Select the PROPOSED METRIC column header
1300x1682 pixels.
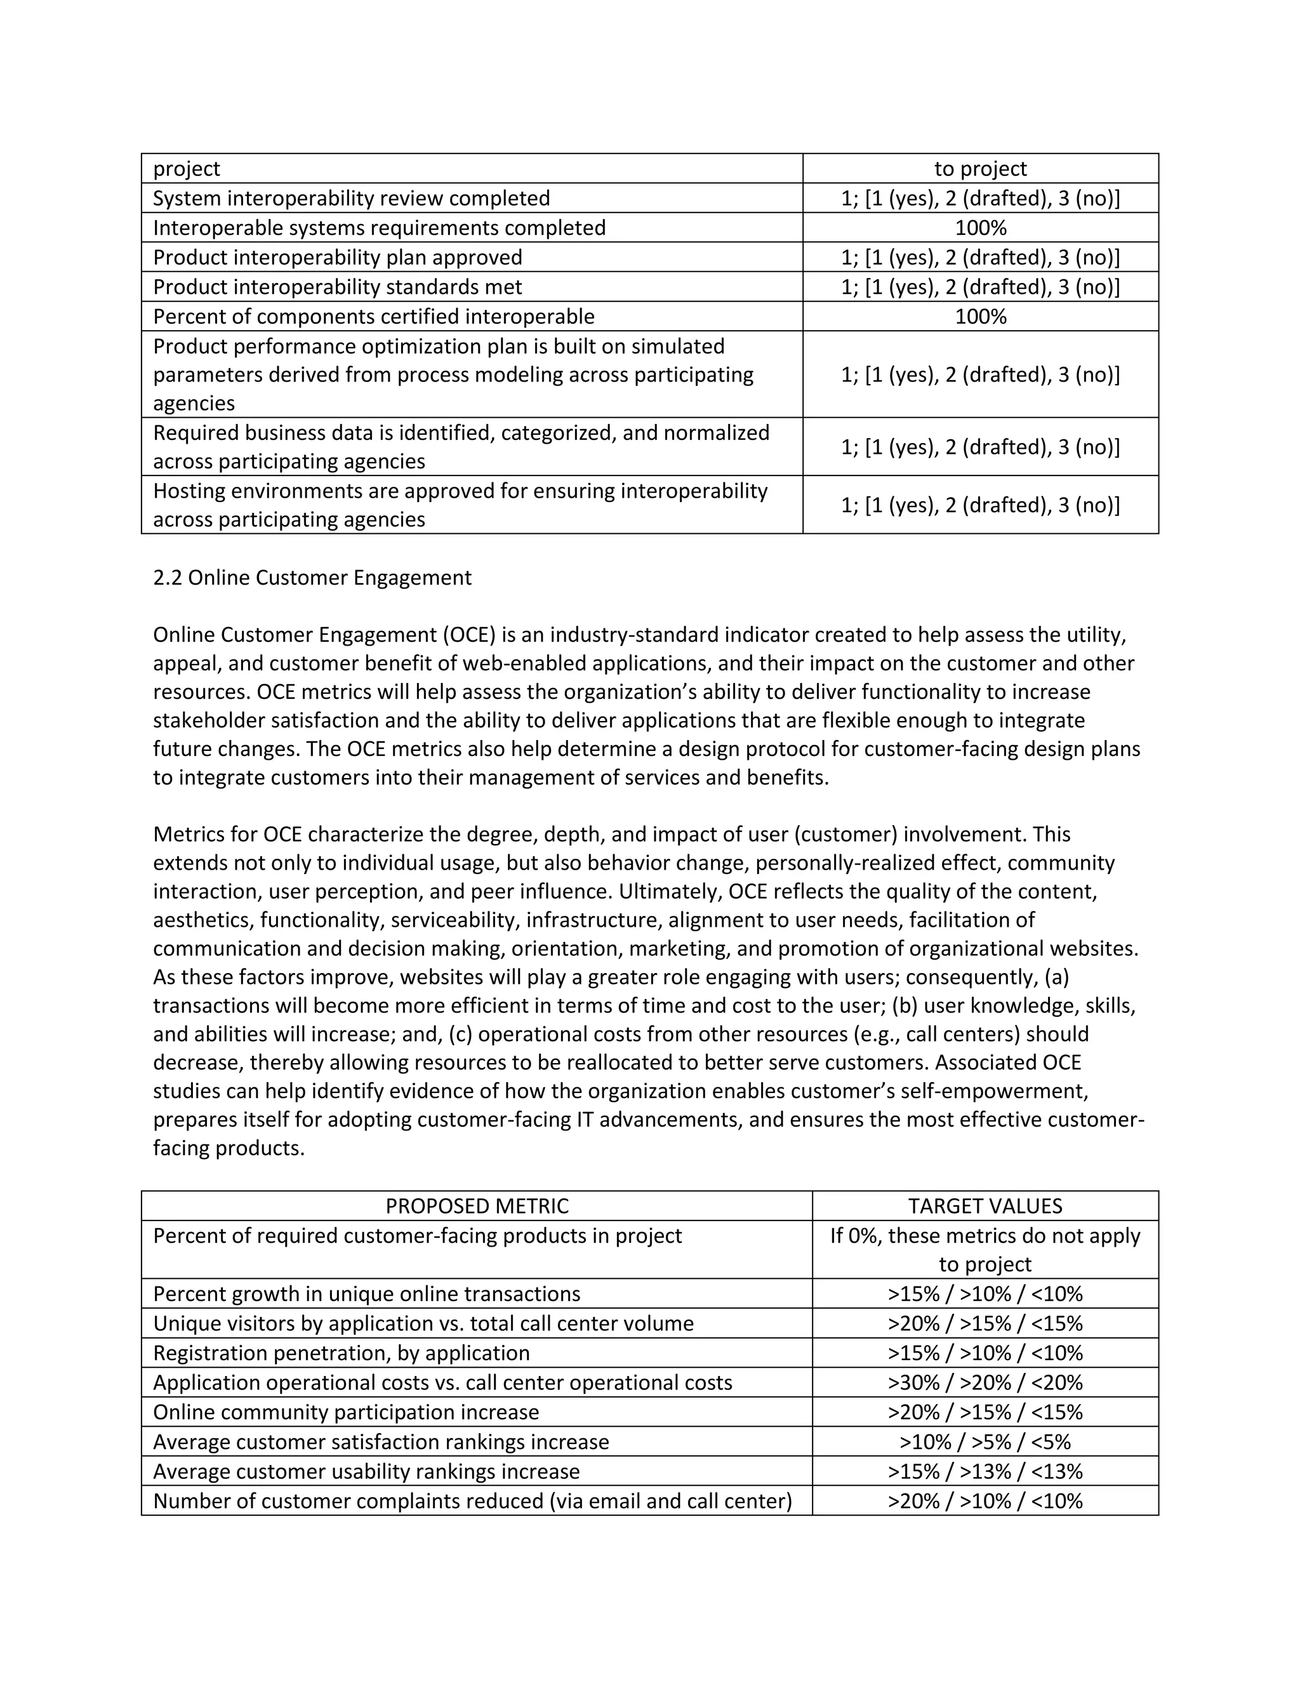pyautogui.click(x=477, y=1206)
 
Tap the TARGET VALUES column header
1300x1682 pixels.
pyautogui.click(x=985, y=1206)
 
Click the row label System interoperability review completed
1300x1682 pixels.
pyautogui.click(x=351, y=199)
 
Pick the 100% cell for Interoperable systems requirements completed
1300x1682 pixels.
pyautogui.click(x=980, y=228)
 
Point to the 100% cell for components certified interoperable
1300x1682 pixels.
pyautogui.click(x=980, y=317)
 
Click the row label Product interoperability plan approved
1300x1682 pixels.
pyautogui.click(x=337, y=257)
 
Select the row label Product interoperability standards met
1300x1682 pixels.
pyautogui.click(x=337, y=288)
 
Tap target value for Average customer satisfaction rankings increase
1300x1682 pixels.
pyautogui.click(x=985, y=1441)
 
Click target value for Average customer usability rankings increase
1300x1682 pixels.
pyautogui.click(x=985, y=1472)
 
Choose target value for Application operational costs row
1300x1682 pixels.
pyautogui.click(x=985, y=1382)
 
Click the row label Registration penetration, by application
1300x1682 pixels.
pyautogui.click(x=341, y=1353)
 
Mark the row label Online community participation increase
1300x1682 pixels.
pyautogui.click(x=346, y=1412)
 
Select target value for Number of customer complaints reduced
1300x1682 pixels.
pyautogui.click(x=985, y=1501)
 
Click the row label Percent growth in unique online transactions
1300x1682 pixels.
pyautogui.click(x=367, y=1294)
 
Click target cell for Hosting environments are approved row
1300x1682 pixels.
pyautogui.click(x=980, y=505)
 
